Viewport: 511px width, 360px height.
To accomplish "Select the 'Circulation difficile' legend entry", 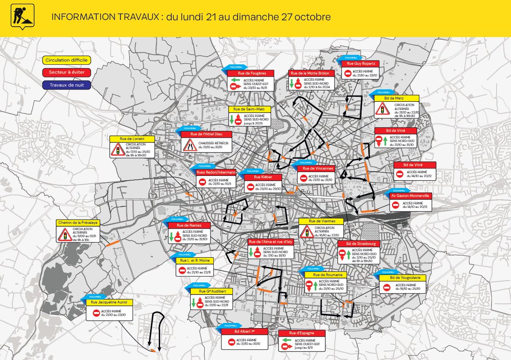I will click(x=66, y=60).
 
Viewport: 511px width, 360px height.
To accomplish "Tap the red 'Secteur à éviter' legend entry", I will click(x=66, y=72).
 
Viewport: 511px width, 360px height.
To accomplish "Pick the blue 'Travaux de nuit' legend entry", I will click(x=66, y=85).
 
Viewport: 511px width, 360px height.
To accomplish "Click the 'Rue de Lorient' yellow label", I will click(x=131, y=139).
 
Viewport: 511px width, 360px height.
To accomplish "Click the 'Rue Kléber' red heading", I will click(x=263, y=177).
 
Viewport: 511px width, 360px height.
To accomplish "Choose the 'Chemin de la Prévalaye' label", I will click(x=78, y=223).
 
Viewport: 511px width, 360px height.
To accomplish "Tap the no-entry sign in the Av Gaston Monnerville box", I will click(x=396, y=205).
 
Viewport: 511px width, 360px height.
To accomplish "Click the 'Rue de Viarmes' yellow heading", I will click(x=320, y=222).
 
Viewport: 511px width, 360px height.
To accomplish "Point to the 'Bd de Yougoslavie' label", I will click(x=402, y=278).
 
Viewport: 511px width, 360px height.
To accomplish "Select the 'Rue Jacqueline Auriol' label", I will click(x=106, y=302).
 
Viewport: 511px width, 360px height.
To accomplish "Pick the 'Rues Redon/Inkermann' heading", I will click(x=216, y=173).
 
